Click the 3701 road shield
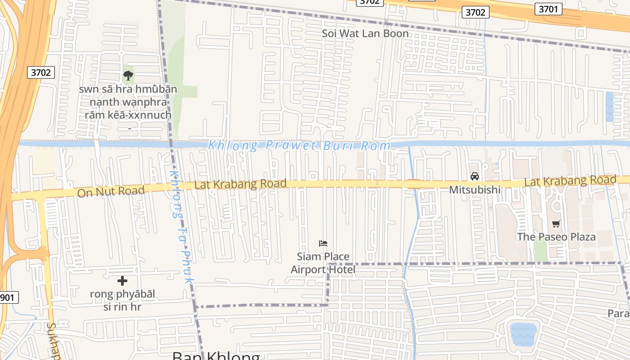548,9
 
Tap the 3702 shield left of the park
41,72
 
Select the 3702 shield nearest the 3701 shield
475,12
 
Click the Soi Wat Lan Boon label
365,33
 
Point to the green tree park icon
128,76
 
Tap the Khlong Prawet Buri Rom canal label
299,145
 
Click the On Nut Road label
111,191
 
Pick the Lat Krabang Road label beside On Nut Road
240,184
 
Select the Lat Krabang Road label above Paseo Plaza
570,180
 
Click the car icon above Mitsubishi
475,176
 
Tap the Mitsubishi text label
475,189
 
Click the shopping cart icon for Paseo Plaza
556,224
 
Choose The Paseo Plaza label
556,237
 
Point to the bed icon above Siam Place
323,243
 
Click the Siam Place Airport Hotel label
323,263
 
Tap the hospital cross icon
122,281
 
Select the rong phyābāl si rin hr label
122,301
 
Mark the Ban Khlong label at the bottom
216,355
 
